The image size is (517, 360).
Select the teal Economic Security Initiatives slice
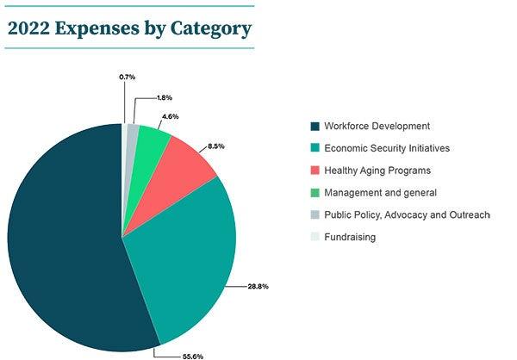pyautogui.click(x=185, y=258)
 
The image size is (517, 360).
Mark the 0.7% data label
pyautogui.click(x=127, y=77)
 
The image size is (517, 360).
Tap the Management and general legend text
pyautogui.click(x=379, y=193)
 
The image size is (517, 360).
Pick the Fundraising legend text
pyautogui.click(x=349, y=237)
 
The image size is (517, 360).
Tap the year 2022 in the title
pyautogui.click(x=28, y=28)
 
